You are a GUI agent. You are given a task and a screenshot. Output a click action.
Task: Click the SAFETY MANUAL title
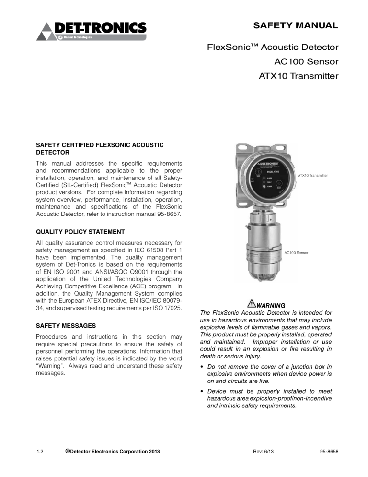[x=297, y=25]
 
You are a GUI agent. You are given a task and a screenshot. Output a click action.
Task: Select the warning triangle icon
[x=252, y=304]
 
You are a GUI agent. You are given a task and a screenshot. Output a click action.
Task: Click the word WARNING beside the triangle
[x=271, y=305]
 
